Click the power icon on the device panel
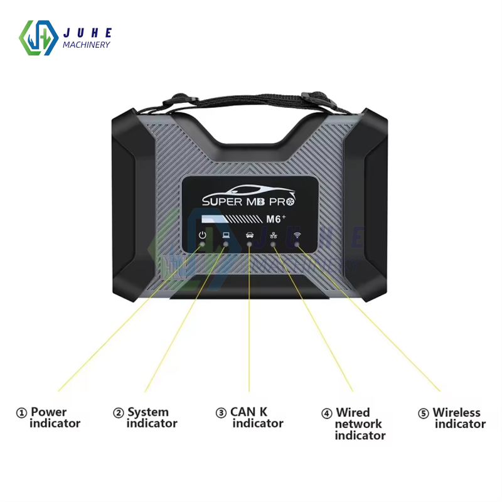[x=202, y=235]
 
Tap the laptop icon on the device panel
[x=226, y=235]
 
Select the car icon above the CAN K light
[x=250, y=235]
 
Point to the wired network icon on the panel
[x=274, y=235]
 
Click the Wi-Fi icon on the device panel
[x=297, y=235]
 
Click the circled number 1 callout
[x=22, y=413]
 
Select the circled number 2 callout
[x=119, y=413]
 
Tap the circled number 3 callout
[x=221, y=413]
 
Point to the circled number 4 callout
[x=327, y=414]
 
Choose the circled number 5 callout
[x=424, y=414]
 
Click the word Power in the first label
[x=48, y=413]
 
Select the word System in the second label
[x=148, y=413]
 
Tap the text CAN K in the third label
[x=249, y=412]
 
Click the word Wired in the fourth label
[x=353, y=413]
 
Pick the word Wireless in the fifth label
[x=456, y=413]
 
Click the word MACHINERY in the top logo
[x=87, y=44]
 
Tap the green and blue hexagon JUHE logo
[x=39, y=38]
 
